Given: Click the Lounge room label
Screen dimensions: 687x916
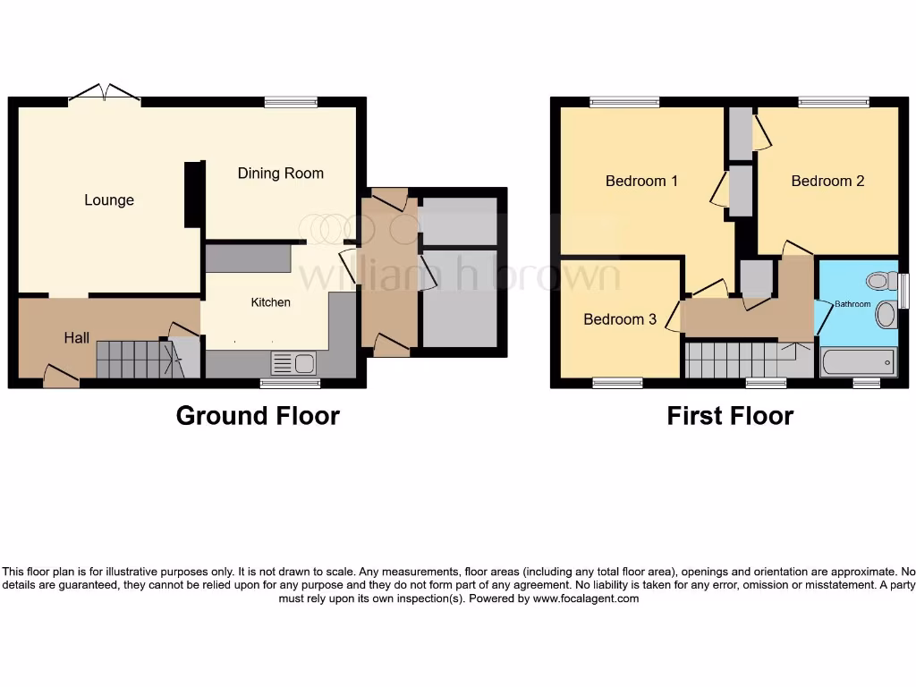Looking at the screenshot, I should pyautogui.click(x=109, y=200).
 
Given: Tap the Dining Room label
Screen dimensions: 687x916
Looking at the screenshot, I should pyautogui.click(x=280, y=174).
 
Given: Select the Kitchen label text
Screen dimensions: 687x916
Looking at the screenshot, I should pyautogui.click(x=270, y=302).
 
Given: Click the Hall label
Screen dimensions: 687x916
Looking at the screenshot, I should pyautogui.click(x=76, y=338).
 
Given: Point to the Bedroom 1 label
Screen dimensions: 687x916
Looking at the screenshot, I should pyautogui.click(x=641, y=181).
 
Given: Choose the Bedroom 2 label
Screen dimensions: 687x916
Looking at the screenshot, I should pyautogui.click(x=827, y=181).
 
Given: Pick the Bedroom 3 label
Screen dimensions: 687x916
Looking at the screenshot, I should pyautogui.click(x=620, y=319).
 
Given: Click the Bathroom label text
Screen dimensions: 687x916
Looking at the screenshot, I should pyautogui.click(x=852, y=304).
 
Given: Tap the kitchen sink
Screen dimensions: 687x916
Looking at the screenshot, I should pyautogui.click(x=293, y=363).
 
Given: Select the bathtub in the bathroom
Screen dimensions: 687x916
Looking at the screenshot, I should pyautogui.click(x=859, y=361).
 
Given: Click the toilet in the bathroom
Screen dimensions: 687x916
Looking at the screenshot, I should pyautogui.click(x=882, y=281).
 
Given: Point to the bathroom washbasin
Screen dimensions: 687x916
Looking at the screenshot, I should pyautogui.click(x=886, y=315).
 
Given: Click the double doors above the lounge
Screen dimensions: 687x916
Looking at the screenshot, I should pyautogui.click(x=105, y=92).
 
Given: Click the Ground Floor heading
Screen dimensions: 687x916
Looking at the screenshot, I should pyautogui.click(x=258, y=416).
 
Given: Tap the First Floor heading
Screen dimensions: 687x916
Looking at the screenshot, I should pyautogui.click(x=730, y=416).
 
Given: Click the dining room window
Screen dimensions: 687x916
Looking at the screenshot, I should pyautogui.click(x=291, y=103).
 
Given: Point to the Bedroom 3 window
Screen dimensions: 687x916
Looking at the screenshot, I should pyautogui.click(x=617, y=383).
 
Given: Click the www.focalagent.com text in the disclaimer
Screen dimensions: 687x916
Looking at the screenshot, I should pyautogui.click(x=586, y=598).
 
